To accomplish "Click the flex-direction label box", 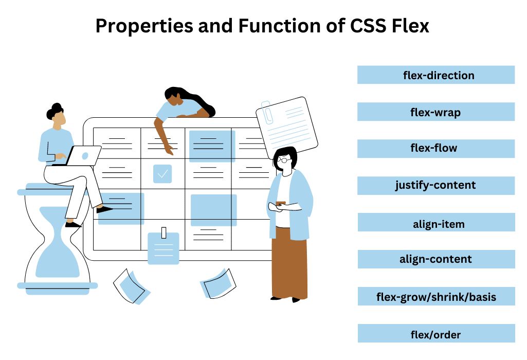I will coord(436,75).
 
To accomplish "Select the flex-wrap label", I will coord(436,112).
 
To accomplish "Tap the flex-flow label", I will coord(436,149).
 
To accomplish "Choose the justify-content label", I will coord(436,185).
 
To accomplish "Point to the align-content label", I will coord(436,259).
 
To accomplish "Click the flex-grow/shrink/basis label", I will coord(436,297).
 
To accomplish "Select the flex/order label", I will coord(436,334).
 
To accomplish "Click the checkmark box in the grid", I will coord(162,174).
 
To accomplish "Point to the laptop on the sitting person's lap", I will coord(82,156).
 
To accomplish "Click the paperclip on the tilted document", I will coord(267,112).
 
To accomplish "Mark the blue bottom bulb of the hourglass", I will coord(58,262).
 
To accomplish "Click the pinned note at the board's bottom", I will coord(163,248).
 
